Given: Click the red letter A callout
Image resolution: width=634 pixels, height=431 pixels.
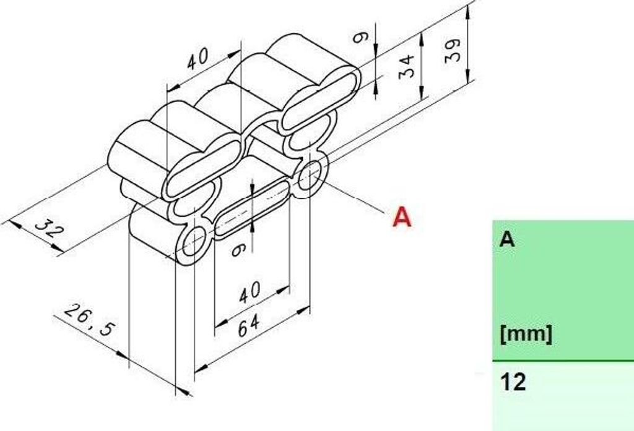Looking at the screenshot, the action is tap(402, 217).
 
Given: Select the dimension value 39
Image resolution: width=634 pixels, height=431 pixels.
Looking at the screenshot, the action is tap(453, 49).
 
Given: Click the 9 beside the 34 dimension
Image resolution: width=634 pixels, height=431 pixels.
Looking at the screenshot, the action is tap(360, 38).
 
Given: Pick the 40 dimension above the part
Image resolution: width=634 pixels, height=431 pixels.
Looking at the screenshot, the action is tap(198, 58).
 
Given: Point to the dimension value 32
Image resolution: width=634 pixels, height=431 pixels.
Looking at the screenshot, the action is tap(50, 231).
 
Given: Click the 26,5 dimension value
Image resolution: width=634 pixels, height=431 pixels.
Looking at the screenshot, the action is tap(89, 320).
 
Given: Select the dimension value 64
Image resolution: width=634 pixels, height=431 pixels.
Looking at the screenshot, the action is tap(248, 326).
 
